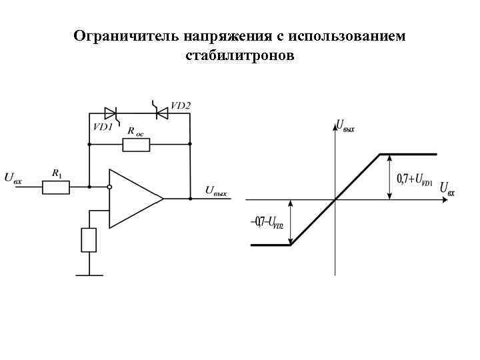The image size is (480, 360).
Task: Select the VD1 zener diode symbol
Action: tap(111, 113)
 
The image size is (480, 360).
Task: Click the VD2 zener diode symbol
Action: tap(160, 113)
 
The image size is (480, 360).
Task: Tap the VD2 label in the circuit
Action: tap(180, 105)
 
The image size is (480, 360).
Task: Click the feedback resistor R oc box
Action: tap(137, 143)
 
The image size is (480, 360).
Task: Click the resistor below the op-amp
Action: tap(89, 239)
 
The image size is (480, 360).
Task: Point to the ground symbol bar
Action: tap(89, 273)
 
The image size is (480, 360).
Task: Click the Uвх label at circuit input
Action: tap(14, 177)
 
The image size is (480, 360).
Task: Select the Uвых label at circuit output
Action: tap(216, 191)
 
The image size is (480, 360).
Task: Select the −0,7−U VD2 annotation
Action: tap(267, 222)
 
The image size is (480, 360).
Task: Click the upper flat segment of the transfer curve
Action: tap(408, 154)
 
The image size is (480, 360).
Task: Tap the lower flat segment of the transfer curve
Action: tap(270, 245)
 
